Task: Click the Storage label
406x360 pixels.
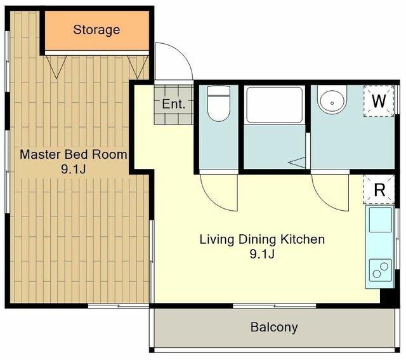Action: [x=96, y=30]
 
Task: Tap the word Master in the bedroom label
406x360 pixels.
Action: [x=40, y=154]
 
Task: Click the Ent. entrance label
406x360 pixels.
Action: [x=174, y=104]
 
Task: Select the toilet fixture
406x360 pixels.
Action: [x=219, y=103]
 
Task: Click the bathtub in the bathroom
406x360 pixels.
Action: [x=275, y=105]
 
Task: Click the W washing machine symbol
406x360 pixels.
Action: [x=379, y=101]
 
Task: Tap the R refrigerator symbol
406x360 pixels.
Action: [x=379, y=189]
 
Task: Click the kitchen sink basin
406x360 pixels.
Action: [x=381, y=220]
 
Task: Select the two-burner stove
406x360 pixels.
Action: [x=381, y=270]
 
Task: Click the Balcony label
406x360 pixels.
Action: [x=274, y=327]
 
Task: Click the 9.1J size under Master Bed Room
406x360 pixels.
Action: [x=74, y=170]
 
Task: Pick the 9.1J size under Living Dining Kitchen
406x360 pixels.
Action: [x=262, y=254]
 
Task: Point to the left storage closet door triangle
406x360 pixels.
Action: [x=56, y=67]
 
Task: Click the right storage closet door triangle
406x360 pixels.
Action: [x=138, y=67]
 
